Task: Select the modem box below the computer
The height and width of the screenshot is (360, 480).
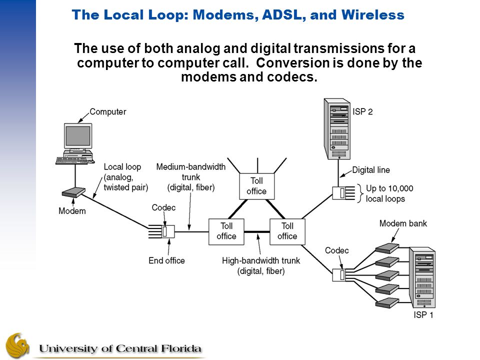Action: pyautogui.click(x=73, y=192)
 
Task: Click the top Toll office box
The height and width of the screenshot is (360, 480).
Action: pyautogui.click(x=256, y=186)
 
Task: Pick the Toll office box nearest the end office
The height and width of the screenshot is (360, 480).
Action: pyautogui.click(x=226, y=231)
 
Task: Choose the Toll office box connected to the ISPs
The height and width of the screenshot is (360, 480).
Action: pyautogui.click(x=287, y=231)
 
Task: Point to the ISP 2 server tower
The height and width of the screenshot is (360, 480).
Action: pyautogui.click(x=337, y=129)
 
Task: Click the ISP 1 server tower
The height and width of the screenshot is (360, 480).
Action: pyautogui.click(x=422, y=277)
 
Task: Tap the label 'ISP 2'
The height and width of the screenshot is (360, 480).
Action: pyautogui.click(x=362, y=111)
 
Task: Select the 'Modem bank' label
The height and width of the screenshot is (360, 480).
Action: pyautogui.click(x=403, y=223)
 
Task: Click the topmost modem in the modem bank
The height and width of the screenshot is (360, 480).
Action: pyautogui.click(x=387, y=248)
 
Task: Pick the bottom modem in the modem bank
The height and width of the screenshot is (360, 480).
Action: pyautogui.click(x=387, y=302)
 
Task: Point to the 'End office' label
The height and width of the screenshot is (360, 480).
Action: pyautogui.click(x=166, y=260)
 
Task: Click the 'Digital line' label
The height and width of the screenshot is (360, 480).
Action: pyautogui.click(x=371, y=170)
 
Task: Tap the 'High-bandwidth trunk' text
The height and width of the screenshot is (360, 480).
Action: pyautogui.click(x=261, y=260)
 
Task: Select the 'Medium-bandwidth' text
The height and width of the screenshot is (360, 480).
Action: pyautogui.click(x=190, y=167)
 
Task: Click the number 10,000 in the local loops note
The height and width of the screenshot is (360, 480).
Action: pyautogui.click(x=400, y=188)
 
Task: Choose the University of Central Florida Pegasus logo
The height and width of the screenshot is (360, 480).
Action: pyautogui.click(x=17, y=345)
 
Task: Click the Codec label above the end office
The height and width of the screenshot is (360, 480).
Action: pyautogui.click(x=163, y=207)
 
